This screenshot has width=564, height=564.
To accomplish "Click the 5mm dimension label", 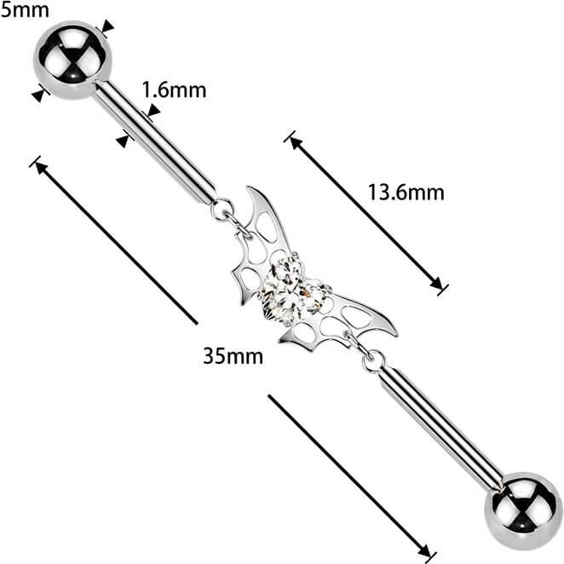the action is (x=25, y=9).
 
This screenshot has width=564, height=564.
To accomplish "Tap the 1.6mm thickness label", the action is (x=174, y=90).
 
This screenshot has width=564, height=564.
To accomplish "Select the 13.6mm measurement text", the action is (x=406, y=193).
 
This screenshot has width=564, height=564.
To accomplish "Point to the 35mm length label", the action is (x=233, y=356).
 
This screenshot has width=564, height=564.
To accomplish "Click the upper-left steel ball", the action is (x=72, y=60).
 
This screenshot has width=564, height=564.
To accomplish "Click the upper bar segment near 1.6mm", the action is (x=155, y=141).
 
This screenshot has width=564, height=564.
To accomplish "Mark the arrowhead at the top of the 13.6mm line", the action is (x=296, y=143).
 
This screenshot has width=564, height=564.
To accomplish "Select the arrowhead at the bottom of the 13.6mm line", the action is (x=436, y=283).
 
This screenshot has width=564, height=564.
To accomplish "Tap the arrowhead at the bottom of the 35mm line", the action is (x=424, y=551).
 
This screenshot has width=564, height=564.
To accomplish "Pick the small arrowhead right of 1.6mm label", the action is (x=153, y=111).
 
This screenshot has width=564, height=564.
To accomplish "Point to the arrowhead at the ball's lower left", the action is (x=37, y=95).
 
